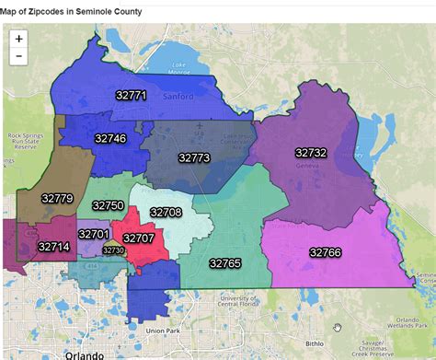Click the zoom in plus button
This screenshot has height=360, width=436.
(x=19, y=40)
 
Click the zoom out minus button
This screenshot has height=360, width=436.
(x=19, y=57)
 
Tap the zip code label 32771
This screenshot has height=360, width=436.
(x=132, y=95)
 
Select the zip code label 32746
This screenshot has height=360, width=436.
(x=110, y=138)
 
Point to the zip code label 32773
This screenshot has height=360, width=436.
(x=194, y=158)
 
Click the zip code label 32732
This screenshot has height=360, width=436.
(x=311, y=152)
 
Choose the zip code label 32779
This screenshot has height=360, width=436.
(x=57, y=198)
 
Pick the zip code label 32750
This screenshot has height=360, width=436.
(x=108, y=205)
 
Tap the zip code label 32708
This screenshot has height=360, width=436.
(x=166, y=212)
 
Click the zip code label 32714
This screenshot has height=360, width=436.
(x=53, y=247)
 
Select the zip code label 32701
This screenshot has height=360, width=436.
(x=93, y=235)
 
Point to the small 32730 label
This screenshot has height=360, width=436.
(x=112, y=250)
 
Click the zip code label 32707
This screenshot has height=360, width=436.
(x=139, y=238)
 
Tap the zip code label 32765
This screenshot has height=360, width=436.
(x=224, y=263)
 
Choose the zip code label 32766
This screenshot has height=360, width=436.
(x=325, y=251)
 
